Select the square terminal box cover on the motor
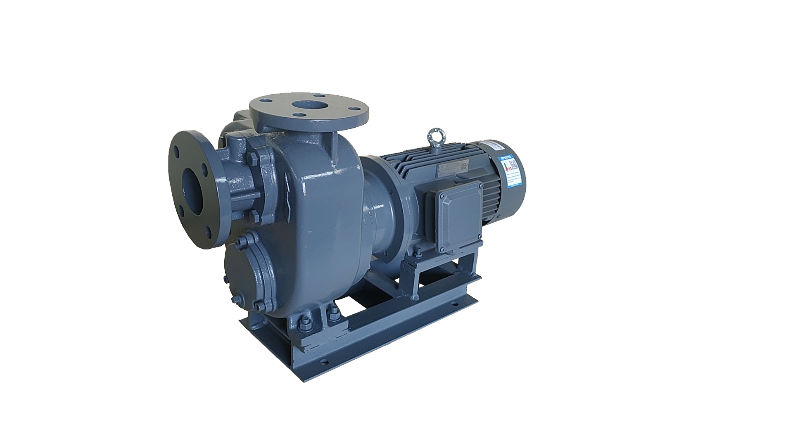tap(458, 217)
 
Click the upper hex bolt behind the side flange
tap(253, 159)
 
